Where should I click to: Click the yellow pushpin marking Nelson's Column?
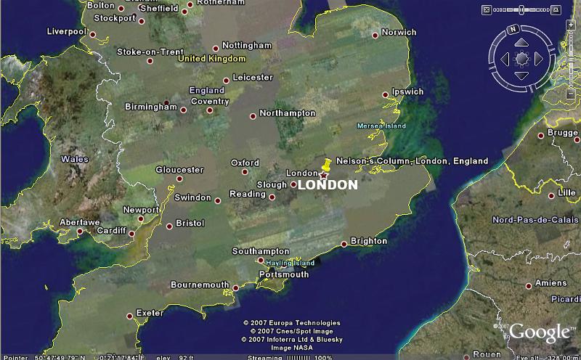tap(326, 166)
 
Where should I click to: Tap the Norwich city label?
tap(399, 33)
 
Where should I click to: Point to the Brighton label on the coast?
tap(369, 241)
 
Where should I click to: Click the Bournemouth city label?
tap(199, 285)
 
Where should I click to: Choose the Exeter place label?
tap(150, 313)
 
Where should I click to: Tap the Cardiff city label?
tap(112, 232)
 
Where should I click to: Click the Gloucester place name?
tap(179, 170)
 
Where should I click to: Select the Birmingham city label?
tap(150, 107)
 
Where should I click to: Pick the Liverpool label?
tap(66, 32)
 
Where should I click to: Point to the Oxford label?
tap(245, 163)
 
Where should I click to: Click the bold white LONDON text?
tap(328, 185)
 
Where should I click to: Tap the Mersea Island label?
tap(381, 126)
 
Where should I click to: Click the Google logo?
tap(539, 333)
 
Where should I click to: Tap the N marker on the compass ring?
tap(512, 30)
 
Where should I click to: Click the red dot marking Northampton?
tap(253, 116)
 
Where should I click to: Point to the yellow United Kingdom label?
tap(212, 58)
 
